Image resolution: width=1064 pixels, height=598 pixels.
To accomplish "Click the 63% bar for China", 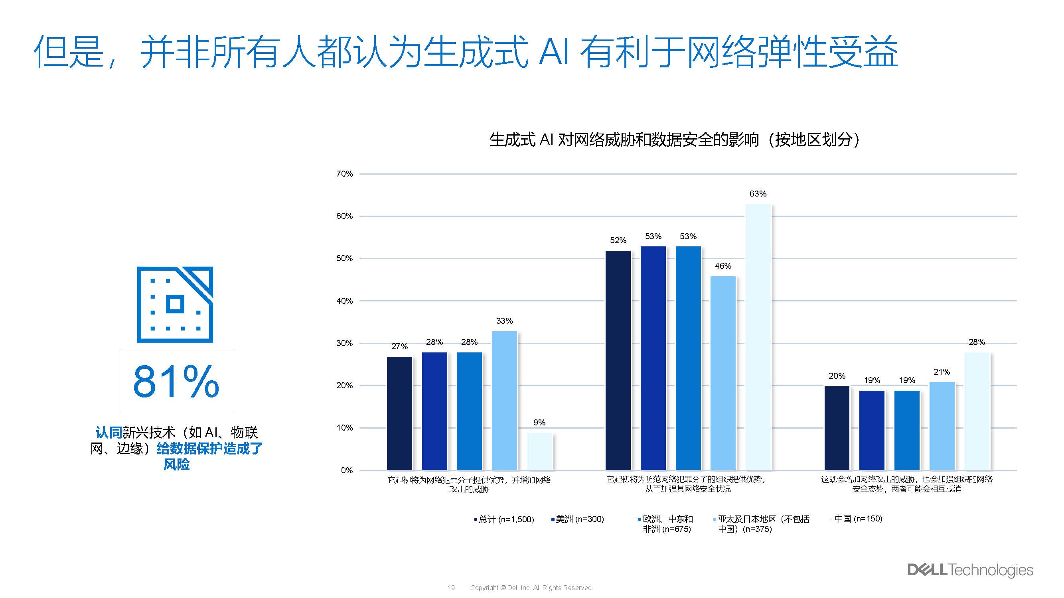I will click(x=758, y=337).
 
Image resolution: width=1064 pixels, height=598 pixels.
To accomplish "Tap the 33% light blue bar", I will click(x=504, y=400).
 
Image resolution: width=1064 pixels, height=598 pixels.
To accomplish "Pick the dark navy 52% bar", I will click(x=618, y=360).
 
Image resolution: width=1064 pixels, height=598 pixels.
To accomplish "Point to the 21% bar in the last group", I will click(x=942, y=425).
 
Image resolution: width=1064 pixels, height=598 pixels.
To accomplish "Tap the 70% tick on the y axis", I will click(x=344, y=174).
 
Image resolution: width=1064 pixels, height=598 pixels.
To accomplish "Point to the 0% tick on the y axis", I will click(x=347, y=470).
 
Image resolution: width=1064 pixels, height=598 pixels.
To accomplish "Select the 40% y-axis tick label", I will click(x=344, y=301).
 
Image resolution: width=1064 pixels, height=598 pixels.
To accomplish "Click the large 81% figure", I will click(x=176, y=381).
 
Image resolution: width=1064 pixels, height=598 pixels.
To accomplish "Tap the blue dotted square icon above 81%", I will click(x=175, y=304).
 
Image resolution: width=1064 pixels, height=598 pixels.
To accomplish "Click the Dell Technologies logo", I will click(x=970, y=570).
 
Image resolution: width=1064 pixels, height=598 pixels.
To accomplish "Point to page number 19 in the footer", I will click(x=451, y=588).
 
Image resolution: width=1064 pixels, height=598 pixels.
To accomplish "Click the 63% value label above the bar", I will click(x=758, y=194).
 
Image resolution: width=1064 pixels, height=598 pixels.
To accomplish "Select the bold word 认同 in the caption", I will click(x=108, y=433).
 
